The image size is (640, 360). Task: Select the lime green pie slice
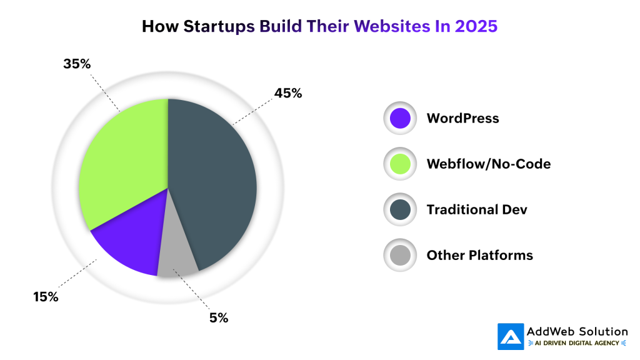pyautogui.click(x=125, y=162)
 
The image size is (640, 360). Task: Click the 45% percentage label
pyautogui.click(x=288, y=94)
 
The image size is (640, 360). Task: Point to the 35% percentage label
pyautogui.click(x=77, y=64)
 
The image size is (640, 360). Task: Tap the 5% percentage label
pyautogui.click(x=219, y=318)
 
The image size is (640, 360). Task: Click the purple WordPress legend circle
pyautogui.click(x=399, y=118)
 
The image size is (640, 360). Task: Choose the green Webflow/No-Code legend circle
pyautogui.click(x=399, y=164)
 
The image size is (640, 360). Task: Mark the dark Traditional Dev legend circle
pyautogui.click(x=399, y=210)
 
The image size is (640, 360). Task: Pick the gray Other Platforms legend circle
pyautogui.click(x=399, y=256)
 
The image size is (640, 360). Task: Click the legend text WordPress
pyautogui.click(x=462, y=118)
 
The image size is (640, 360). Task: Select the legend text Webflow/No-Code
pyautogui.click(x=488, y=164)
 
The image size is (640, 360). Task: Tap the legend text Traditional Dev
pyautogui.click(x=477, y=210)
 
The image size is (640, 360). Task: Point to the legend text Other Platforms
pyautogui.click(x=479, y=256)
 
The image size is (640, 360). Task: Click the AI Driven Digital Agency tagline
pyautogui.click(x=576, y=343)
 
